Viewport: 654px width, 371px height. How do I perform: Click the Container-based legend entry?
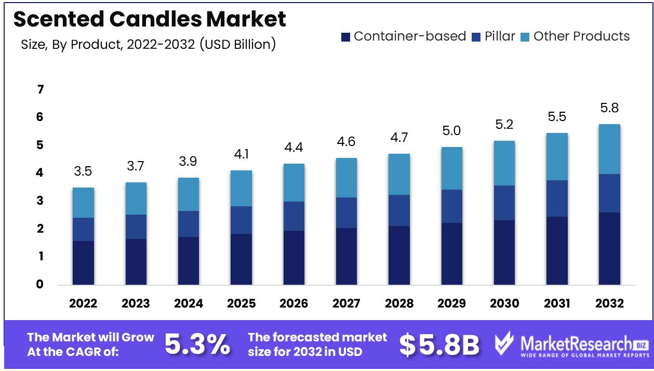(x=404, y=36)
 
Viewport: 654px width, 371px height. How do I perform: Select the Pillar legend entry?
(x=493, y=36)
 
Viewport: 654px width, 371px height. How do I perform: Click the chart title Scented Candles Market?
(x=150, y=19)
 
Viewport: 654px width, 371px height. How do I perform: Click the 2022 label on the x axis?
(x=83, y=303)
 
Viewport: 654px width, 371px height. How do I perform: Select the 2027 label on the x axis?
(x=346, y=303)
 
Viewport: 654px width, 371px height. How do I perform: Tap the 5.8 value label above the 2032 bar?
(x=609, y=109)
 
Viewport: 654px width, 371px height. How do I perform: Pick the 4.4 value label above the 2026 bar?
(x=293, y=148)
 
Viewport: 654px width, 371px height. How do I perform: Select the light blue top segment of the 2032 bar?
(x=609, y=149)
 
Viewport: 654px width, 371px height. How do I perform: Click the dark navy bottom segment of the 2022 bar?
(x=83, y=262)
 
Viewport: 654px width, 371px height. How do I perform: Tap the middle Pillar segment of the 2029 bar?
(x=451, y=206)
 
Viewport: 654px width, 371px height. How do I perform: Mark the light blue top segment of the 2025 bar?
(x=241, y=188)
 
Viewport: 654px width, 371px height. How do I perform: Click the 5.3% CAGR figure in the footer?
(x=197, y=344)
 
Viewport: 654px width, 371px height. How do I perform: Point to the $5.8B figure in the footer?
(x=439, y=344)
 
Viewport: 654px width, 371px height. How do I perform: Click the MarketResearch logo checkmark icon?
(x=504, y=343)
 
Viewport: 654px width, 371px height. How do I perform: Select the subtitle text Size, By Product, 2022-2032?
(x=148, y=45)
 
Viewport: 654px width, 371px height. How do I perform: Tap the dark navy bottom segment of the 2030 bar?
(x=504, y=252)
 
